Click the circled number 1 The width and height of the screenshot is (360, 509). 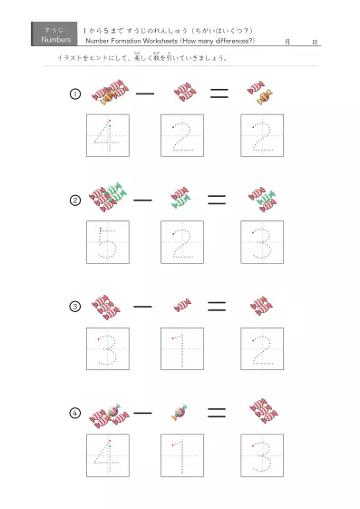point(75,94)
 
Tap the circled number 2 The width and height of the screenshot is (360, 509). point(75,201)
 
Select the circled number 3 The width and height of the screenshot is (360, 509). point(75,307)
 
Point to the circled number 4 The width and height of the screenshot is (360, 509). point(75,413)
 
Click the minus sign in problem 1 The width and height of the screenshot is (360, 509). point(143,93)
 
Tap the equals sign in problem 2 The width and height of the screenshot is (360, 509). point(216,200)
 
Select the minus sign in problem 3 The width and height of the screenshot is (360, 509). point(143,306)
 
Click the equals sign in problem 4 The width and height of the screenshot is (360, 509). point(216,412)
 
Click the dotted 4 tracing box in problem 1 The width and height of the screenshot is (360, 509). point(108,136)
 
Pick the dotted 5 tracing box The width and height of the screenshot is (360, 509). point(108,242)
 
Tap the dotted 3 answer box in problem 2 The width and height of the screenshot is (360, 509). point(262,242)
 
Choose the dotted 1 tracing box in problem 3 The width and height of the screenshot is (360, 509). point(182,348)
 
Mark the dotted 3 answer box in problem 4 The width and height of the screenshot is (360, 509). point(262,455)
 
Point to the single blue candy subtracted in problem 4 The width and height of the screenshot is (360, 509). point(180,413)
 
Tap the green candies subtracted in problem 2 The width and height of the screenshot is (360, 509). point(180,199)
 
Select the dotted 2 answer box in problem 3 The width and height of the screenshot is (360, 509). point(262,348)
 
